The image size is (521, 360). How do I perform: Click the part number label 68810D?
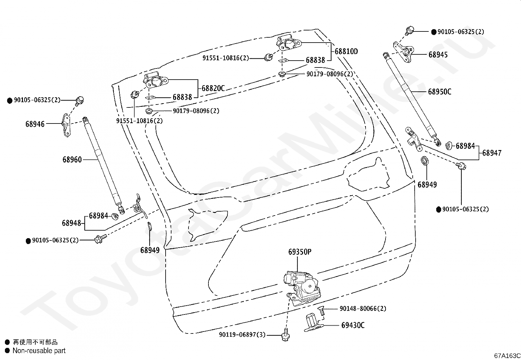346,51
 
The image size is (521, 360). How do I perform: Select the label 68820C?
213,88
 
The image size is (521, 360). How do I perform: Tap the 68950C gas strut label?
440,92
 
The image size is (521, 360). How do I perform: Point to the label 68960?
72,160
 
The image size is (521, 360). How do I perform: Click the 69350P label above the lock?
300,252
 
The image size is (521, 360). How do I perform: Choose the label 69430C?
353,325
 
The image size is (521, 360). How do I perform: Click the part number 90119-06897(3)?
242,335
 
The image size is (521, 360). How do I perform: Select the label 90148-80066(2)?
363,309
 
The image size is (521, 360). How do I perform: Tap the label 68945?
438,55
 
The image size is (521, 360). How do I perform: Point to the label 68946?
35,124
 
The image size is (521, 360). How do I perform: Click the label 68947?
492,153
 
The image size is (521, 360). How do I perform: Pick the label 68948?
71,223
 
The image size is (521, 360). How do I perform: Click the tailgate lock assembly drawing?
302,288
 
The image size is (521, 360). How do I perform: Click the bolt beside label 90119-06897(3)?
285,335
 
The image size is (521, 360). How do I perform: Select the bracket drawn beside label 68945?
404,52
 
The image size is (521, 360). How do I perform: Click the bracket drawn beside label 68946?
66,125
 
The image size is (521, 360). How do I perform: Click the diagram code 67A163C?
507,356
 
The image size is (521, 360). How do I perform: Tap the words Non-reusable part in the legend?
39,351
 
